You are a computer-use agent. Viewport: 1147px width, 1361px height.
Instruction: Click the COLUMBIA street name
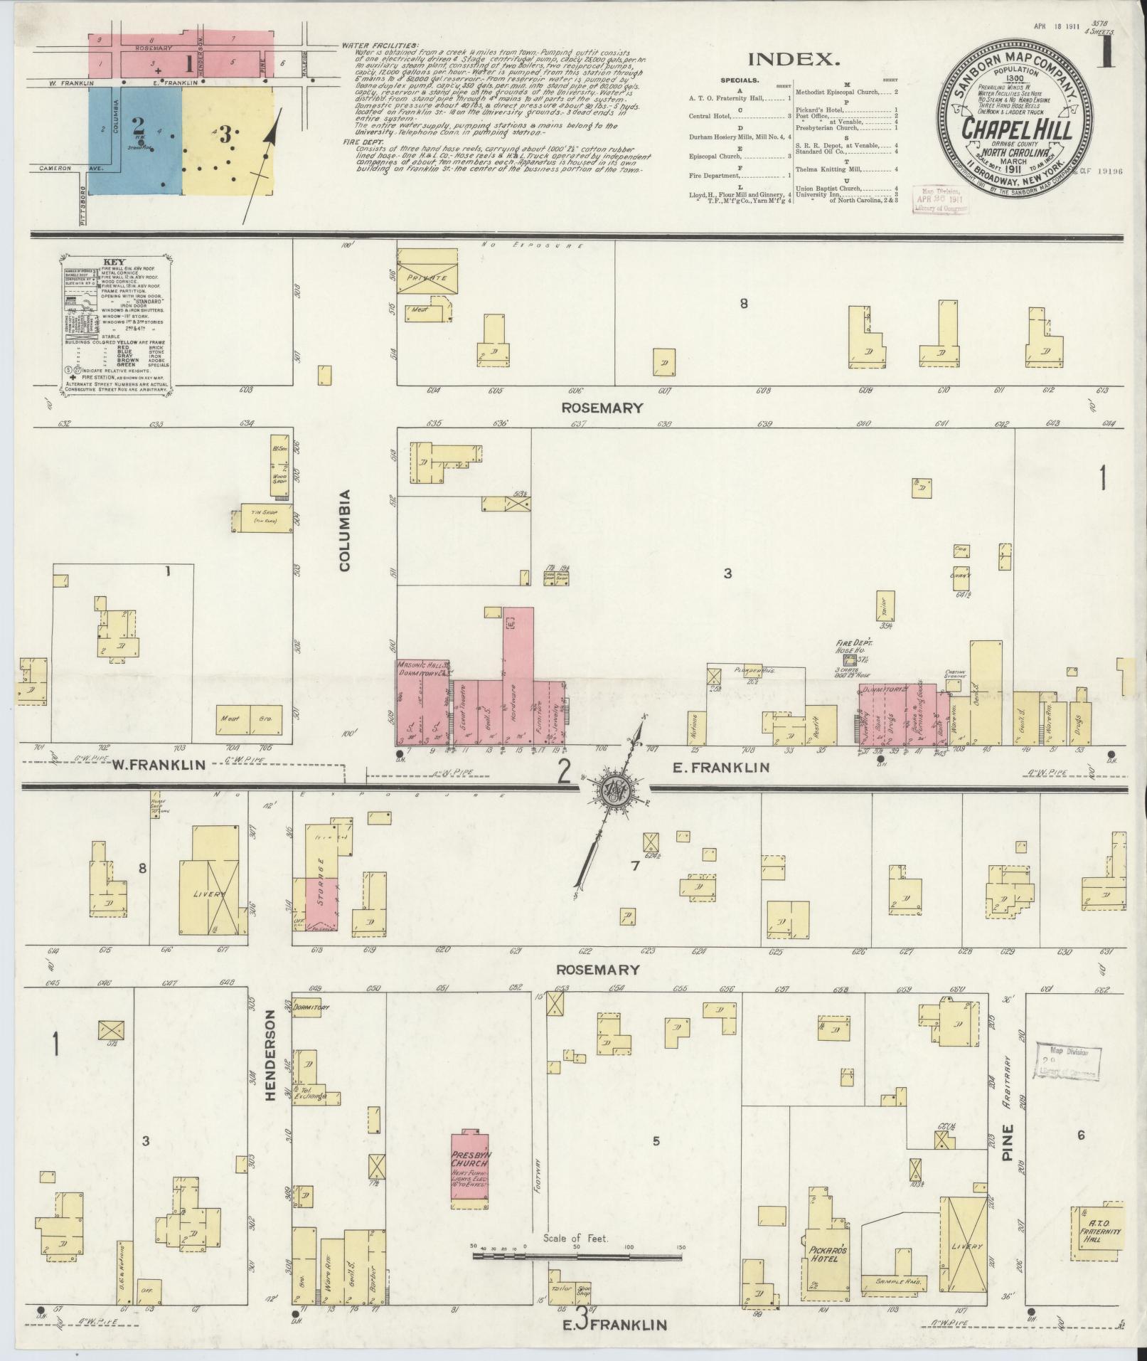[x=345, y=530]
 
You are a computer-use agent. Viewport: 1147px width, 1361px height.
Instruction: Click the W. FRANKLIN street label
[x=159, y=766]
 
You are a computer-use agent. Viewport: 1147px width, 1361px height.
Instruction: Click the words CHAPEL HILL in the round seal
[x=1018, y=130]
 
